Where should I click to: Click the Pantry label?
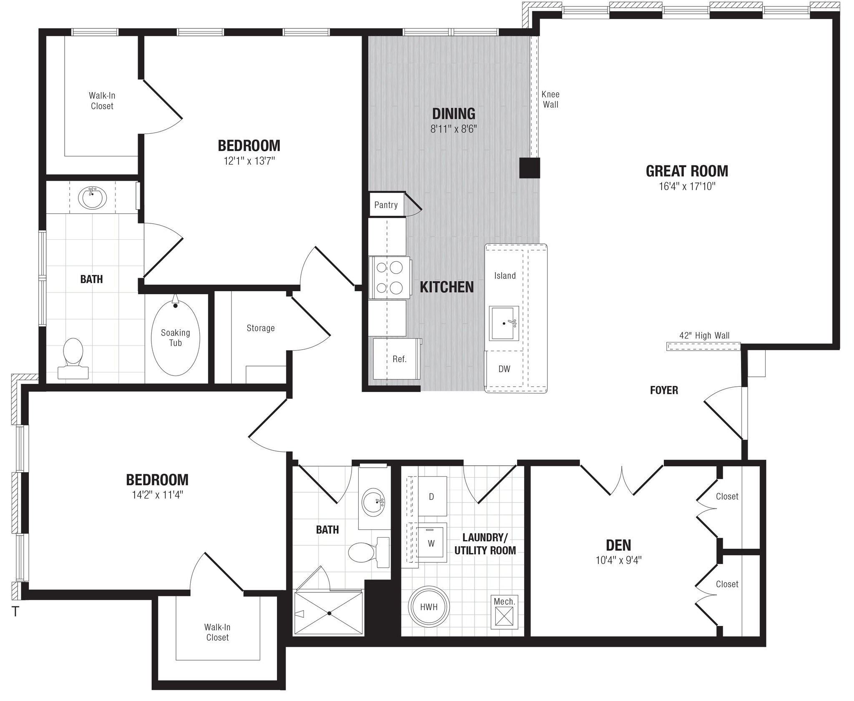[x=386, y=205]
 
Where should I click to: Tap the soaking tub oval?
[x=175, y=338]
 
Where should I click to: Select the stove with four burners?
[x=389, y=278]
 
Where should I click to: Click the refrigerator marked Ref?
[x=398, y=359]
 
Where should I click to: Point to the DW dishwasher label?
[x=504, y=369]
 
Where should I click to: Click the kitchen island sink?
[x=505, y=323]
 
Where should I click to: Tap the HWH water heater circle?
[x=429, y=607]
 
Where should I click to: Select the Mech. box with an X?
[x=504, y=615]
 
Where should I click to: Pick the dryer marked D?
[x=432, y=496]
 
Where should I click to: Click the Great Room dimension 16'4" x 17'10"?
[x=687, y=186]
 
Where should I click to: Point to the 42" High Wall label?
[x=704, y=335]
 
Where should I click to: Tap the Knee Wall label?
[x=550, y=100]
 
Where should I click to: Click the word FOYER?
[x=664, y=391]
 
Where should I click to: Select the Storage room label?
[x=261, y=328]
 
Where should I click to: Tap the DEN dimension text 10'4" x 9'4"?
[x=618, y=560]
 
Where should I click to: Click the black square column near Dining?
[x=530, y=168]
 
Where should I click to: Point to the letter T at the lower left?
[x=15, y=612]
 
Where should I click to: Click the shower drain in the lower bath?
[x=329, y=613]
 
